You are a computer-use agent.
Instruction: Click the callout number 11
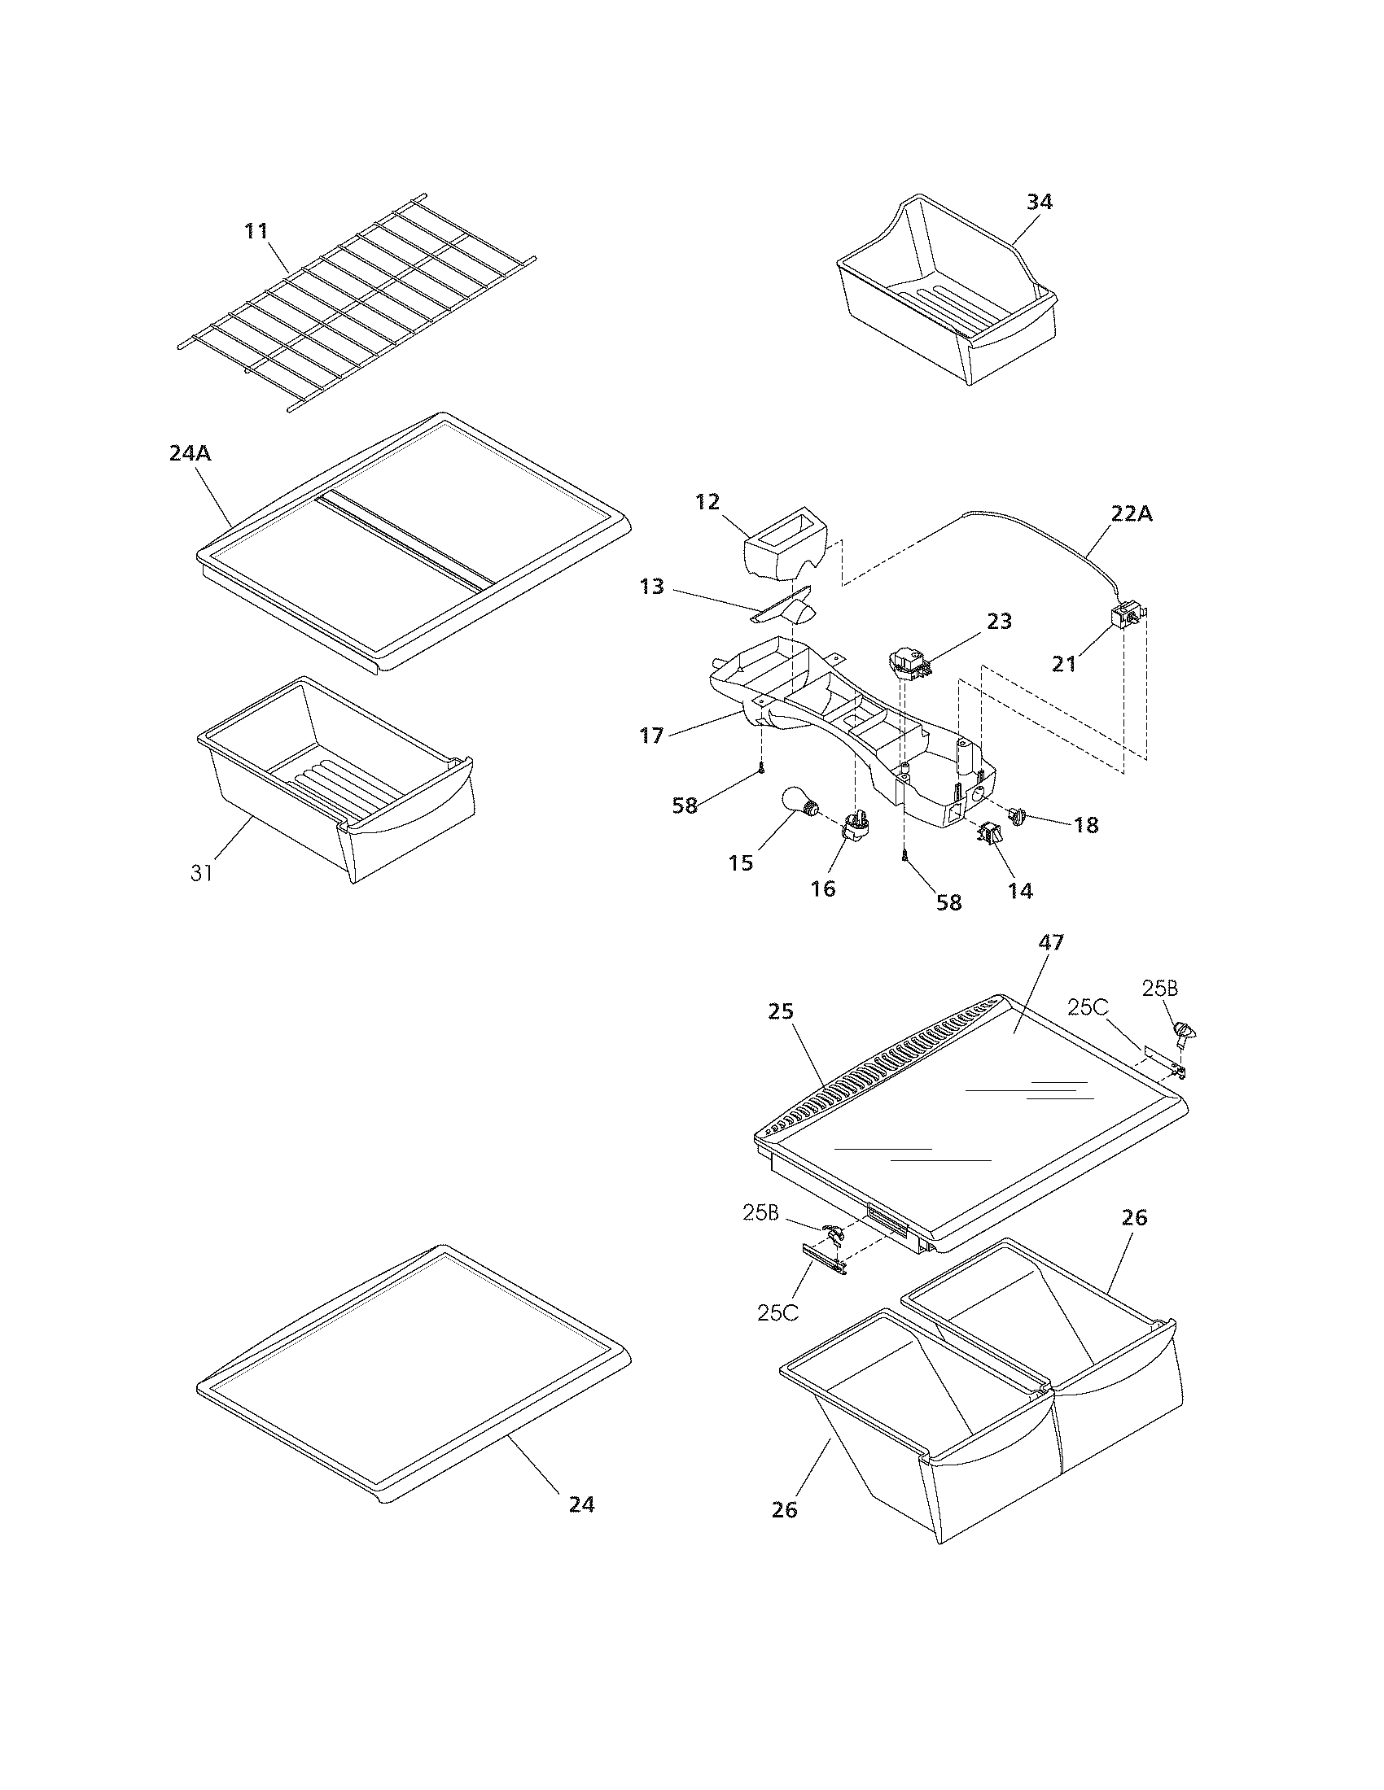pyautogui.click(x=256, y=231)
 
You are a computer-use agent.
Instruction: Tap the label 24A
pyautogui.click(x=191, y=452)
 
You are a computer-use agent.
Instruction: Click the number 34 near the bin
pyautogui.click(x=1039, y=202)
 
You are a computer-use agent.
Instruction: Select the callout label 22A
pyautogui.click(x=1132, y=514)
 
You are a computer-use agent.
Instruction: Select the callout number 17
pyautogui.click(x=652, y=736)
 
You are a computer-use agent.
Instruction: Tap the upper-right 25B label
pyautogui.click(x=1159, y=989)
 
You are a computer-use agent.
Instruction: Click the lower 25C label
pyautogui.click(x=777, y=1312)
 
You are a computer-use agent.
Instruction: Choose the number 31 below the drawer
pyautogui.click(x=202, y=873)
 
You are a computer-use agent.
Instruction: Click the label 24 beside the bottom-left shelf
pyautogui.click(x=581, y=1504)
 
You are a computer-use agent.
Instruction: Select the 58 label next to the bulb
pyautogui.click(x=685, y=805)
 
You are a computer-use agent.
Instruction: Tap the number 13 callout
pyautogui.click(x=652, y=587)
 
